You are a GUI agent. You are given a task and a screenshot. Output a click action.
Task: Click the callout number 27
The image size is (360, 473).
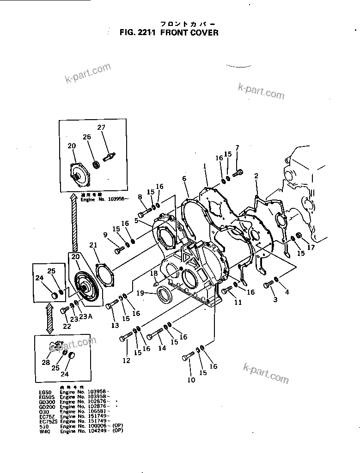click(101, 127)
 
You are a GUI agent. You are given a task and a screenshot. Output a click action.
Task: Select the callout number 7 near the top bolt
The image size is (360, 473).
click(237, 148)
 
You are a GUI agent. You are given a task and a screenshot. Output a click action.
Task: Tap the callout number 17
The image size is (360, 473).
click(311, 248)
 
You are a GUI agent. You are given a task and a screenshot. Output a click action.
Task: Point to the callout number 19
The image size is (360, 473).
click(140, 293)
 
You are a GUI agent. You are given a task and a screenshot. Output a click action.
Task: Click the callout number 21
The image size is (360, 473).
click(94, 245)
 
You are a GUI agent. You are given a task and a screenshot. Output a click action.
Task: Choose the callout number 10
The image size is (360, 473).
click(191, 380)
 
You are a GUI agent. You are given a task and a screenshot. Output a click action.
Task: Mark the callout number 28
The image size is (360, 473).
click(46, 363)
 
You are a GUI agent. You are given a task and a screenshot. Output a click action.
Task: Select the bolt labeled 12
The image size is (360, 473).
click(125, 339)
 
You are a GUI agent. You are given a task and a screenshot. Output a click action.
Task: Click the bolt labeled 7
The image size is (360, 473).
click(238, 174)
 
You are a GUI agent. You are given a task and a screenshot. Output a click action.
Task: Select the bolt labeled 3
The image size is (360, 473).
click(268, 285)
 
